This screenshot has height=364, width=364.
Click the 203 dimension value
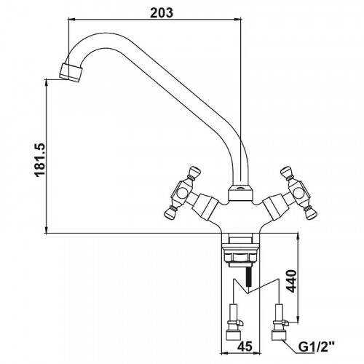pyautogui.click(x=162, y=13)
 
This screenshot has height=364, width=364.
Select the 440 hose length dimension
pyautogui.click(x=291, y=280)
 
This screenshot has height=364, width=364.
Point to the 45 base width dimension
pyautogui.click(x=245, y=347)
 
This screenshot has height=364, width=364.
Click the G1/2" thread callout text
pyautogui.click(x=317, y=347)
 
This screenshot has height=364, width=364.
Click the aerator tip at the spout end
pyautogui.click(x=71, y=72)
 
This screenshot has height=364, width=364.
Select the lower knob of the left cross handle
pyautogui.click(x=170, y=213)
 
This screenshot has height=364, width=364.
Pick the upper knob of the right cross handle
pyautogui.click(x=287, y=173)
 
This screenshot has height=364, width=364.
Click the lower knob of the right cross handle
pyautogui.click(x=310, y=213)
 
